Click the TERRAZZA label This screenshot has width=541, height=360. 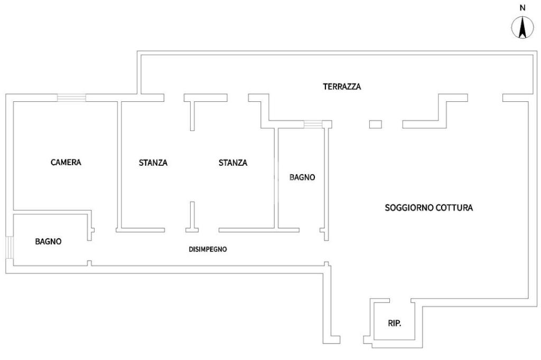coord(342,87)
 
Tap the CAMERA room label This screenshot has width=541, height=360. coord(66,162)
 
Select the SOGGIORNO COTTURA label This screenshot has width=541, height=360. coord(428,207)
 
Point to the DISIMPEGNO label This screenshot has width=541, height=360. coord(208,249)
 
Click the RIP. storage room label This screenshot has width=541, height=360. coord(395,324)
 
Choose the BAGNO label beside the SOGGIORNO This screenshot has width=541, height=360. coord(302,177)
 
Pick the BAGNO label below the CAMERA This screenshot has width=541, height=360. coord(48,241)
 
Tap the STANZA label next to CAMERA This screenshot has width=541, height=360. coord(153,163)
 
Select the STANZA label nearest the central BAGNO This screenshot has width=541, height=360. coord(233,163)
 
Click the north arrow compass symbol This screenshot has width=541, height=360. coord(523,27)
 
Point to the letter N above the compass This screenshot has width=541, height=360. coord(523,8)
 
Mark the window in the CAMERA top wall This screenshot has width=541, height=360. coord(71,98)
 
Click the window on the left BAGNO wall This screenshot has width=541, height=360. coord(10,247)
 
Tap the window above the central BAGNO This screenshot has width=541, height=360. coord(313,124)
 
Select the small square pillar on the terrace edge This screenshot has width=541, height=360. coord(376,124)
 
